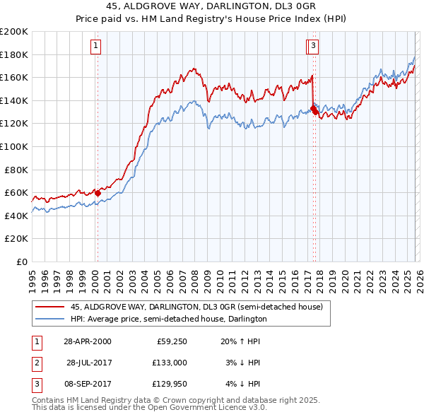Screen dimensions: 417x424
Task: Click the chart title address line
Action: (211, 6)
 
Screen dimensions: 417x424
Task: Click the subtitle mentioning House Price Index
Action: (211, 18)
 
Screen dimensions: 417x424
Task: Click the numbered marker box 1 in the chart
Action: (95, 47)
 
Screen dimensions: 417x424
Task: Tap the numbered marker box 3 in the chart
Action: (312, 47)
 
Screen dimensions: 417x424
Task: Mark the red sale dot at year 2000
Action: (98, 193)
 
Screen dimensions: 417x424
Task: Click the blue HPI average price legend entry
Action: (168, 319)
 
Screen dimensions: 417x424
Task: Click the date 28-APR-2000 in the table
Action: (87, 341)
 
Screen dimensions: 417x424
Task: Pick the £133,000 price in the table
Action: (170, 362)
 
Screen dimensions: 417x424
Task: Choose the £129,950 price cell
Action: (170, 383)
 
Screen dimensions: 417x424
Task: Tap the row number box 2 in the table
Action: (37, 362)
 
